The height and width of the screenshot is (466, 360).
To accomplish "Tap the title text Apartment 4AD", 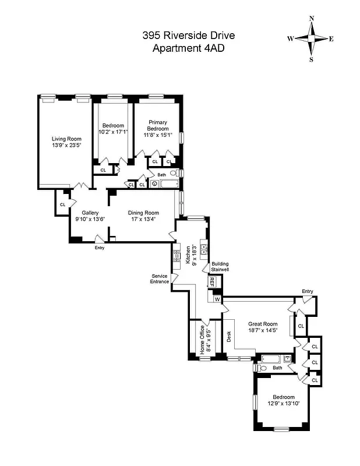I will [x=188, y=48].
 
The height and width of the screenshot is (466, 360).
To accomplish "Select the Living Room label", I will [x=66, y=139].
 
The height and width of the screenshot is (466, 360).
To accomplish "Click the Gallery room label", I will [x=90, y=213].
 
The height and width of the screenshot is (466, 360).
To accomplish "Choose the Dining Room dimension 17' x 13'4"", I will [x=143, y=220].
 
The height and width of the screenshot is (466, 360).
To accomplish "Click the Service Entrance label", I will [x=160, y=278].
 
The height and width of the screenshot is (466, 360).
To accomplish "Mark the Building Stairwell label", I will [x=220, y=267].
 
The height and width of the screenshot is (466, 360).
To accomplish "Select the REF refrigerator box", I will [x=212, y=282].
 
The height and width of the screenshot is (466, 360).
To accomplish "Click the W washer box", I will [x=217, y=299].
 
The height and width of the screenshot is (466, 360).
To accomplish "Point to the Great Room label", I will [x=262, y=324].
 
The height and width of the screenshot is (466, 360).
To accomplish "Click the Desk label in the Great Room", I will [x=229, y=336].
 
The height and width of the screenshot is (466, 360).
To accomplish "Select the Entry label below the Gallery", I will [x=100, y=248].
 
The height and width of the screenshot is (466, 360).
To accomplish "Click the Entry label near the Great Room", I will [x=307, y=291].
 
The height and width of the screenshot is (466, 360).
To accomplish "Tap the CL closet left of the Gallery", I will [x=62, y=204].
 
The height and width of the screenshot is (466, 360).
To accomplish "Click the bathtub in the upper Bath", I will [x=168, y=184].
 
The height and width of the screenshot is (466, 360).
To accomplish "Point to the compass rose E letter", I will [x=331, y=39].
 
